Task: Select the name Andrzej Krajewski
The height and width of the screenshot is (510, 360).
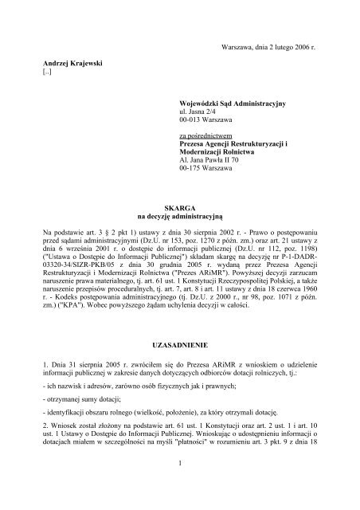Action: (72, 62)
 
